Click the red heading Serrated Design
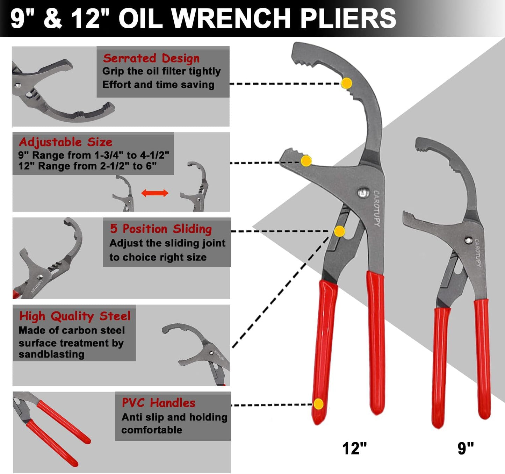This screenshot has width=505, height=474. [151, 58]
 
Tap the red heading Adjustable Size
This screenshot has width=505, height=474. [66, 142]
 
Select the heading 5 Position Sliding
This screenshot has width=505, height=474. [161, 229]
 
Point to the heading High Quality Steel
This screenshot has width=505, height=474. [75, 316]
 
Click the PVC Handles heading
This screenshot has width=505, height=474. [158, 403]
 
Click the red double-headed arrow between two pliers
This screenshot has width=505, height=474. [155, 193]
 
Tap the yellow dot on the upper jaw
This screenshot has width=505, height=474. [346, 83]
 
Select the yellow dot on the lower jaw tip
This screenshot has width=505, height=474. [306, 161]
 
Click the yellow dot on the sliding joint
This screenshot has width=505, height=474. [339, 231]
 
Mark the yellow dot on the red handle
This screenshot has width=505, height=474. [318, 404]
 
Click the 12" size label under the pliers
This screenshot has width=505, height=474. [354, 448]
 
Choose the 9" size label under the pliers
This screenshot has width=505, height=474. [466, 448]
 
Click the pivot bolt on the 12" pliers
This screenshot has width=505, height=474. [363, 192]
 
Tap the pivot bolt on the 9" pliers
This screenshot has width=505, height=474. [468, 240]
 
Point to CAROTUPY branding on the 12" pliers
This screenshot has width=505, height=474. [377, 208]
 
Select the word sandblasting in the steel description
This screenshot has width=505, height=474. [51, 354]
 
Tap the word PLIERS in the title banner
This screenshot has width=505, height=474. [348, 18]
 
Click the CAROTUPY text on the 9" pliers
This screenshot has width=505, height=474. [478, 252]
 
